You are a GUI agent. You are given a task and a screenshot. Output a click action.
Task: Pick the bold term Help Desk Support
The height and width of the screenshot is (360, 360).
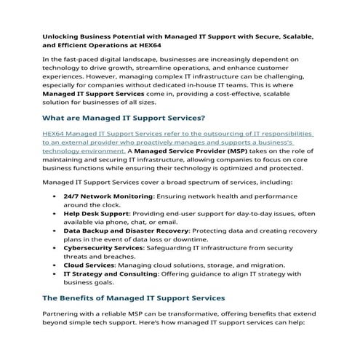point(94,213)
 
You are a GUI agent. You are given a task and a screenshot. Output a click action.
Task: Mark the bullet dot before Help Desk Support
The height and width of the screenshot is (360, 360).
point(56,213)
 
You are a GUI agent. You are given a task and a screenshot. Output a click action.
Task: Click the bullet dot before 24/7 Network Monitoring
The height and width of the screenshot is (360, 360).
point(56,196)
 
